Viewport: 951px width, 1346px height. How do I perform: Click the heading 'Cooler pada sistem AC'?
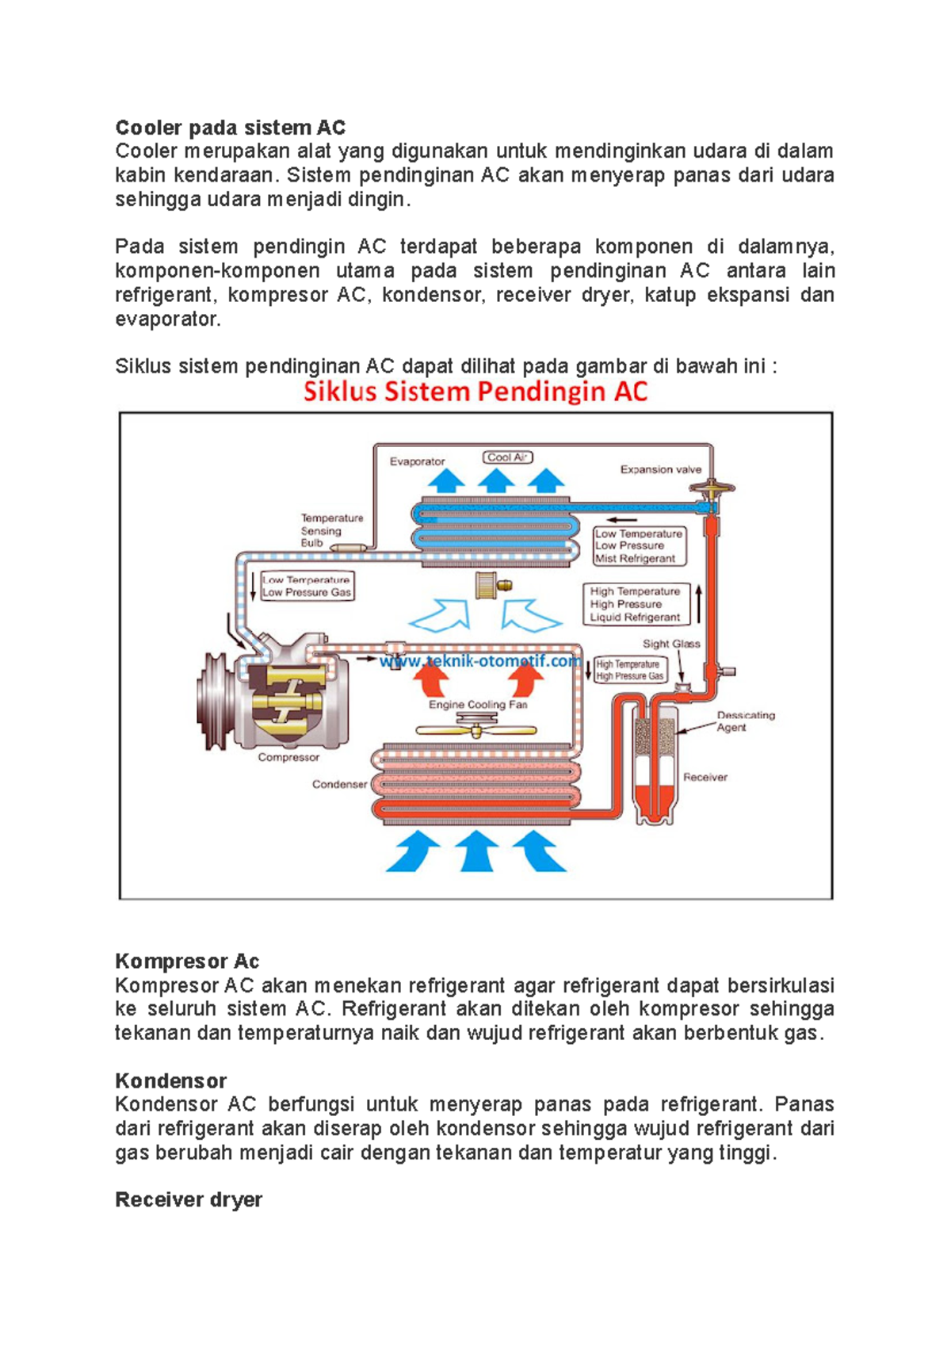(x=230, y=128)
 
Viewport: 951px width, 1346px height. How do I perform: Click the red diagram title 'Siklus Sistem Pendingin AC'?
(x=475, y=392)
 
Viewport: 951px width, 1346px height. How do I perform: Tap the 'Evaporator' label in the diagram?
(x=417, y=461)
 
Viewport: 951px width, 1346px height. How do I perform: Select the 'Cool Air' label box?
(x=507, y=457)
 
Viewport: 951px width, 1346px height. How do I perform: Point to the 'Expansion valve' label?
(x=660, y=469)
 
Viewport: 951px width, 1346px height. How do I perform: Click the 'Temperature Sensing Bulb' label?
(x=331, y=530)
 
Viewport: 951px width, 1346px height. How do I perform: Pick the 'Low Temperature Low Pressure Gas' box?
(x=306, y=586)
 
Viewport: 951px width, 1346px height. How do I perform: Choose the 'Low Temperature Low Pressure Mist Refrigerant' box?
(x=639, y=546)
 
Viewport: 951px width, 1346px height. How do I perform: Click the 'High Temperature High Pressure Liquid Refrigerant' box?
(x=636, y=604)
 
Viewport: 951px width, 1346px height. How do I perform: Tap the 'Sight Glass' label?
(x=670, y=644)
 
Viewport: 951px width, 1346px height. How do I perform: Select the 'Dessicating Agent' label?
(x=745, y=721)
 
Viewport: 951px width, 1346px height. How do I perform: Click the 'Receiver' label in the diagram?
(x=705, y=777)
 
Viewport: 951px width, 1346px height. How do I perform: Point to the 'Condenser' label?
(x=339, y=784)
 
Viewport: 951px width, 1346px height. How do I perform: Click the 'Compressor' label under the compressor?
(x=288, y=757)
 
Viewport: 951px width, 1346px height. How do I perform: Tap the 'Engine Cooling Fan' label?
(x=477, y=704)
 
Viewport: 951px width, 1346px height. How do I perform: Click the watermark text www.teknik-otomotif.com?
(x=479, y=661)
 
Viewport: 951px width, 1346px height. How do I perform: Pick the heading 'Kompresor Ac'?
(x=187, y=962)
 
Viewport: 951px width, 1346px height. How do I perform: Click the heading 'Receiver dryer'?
(x=189, y=1199)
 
